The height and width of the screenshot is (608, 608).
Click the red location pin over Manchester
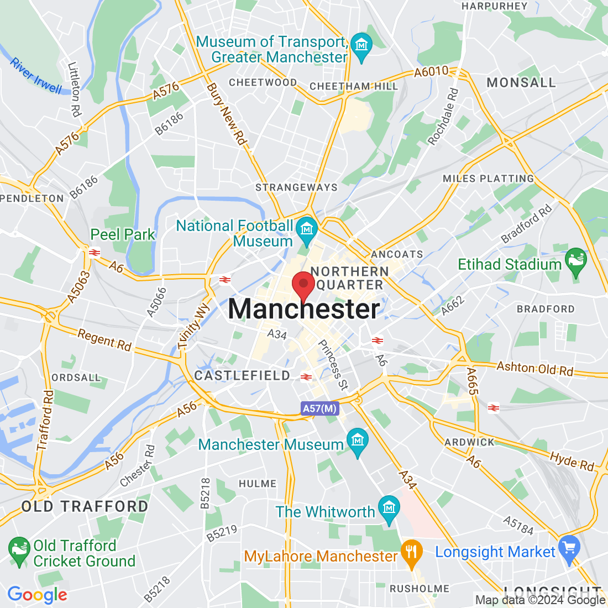pyautogui.click(x=303, y=285)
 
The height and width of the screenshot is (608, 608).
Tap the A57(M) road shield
pyautogui.click(x=320, y=408)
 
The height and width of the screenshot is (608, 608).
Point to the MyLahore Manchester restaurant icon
pyautogui.click(x=411, y=553)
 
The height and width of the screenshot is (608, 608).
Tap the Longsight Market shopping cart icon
pyautogui.click(x=569, y=549)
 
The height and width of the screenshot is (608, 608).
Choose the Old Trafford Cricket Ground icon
pyautogui.click(x=19, y=551)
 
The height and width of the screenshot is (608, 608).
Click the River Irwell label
pyautogui.click(x=36, y=76)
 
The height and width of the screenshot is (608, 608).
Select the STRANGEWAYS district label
pyautogui.click(x=296, y=187)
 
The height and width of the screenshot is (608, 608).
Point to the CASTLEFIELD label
pyautogui.click(x=242, y=376)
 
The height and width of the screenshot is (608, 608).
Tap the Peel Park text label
pyautogui.click(x=123, y=234)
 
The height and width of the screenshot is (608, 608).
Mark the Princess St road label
pyautogui.click(x=333, y=365)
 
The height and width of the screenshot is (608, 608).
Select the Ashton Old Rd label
pyautogui.click(x=534, y=368)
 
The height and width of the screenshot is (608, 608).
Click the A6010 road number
pyautogui.click(x=431, y=72)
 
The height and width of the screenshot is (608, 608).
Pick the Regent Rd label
pyautogui.click(x=104, y=340)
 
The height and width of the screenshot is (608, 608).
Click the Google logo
pyautogui.click(x=37, y=595)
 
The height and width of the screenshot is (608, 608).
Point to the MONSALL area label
pyautogui.click(x=521, y=82)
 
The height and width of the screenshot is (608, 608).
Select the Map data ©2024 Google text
pyautogui.click(x=540, y=600)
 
